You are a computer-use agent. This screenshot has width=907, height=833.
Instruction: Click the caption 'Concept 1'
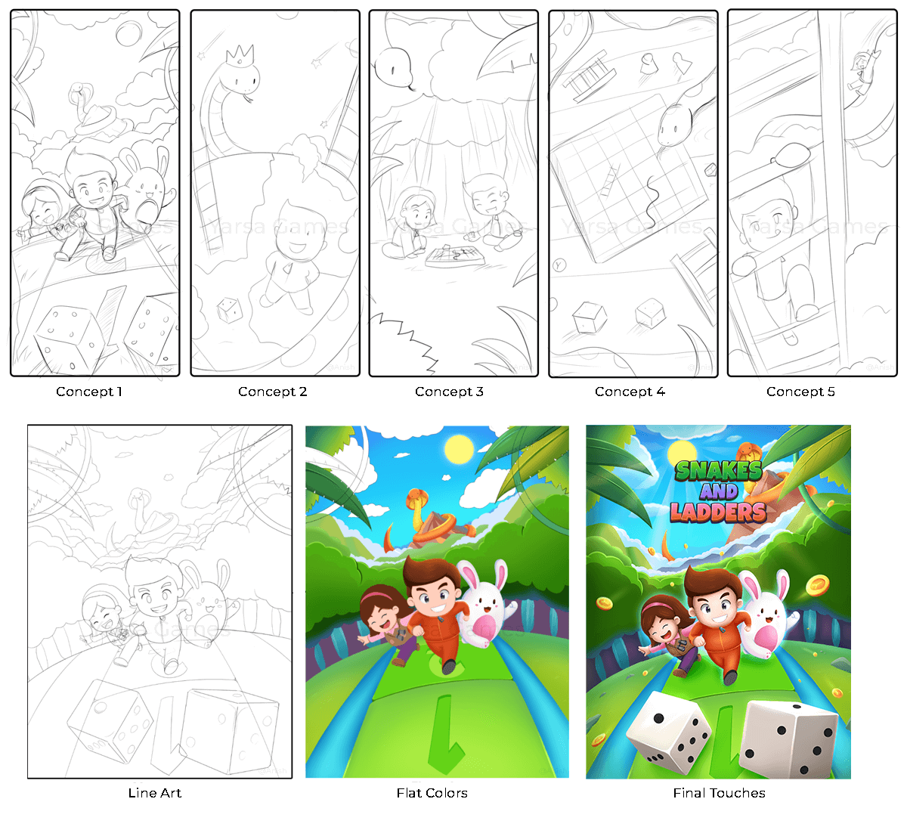pos(88,392)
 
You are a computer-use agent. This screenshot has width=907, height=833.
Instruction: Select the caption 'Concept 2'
pos(272,392)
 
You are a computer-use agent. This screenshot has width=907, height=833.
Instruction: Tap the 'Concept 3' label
pos(449,392)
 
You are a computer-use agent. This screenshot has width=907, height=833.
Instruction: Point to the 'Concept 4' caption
pos(630,392)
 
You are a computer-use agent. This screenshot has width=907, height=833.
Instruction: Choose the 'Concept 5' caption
pos(800,392)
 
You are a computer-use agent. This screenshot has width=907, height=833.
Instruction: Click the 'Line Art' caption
pos(155,793)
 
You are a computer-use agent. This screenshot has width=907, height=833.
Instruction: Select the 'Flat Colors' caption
pos(432,793)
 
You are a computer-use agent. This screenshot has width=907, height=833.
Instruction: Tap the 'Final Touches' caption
pos(719,793)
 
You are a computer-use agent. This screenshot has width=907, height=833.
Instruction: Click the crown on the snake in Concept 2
pos(240,54)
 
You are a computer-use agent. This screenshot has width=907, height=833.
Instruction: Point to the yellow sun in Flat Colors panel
pos(459,450)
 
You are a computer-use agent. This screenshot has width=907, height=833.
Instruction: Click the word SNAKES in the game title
pos(718,470)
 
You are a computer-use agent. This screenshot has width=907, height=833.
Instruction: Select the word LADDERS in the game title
pos(718,512)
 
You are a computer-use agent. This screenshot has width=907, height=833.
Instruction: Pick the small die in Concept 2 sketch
pos(228,309)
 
